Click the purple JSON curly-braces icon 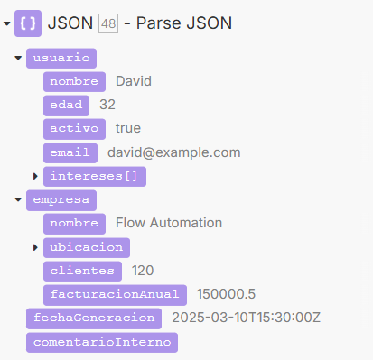28,23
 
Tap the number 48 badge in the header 108,23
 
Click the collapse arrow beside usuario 18,58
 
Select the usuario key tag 61,59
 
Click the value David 134,81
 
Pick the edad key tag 66,106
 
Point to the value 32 107,105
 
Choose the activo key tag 74,129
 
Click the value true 128,128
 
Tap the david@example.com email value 174,152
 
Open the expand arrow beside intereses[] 35,176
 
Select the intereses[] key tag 95,177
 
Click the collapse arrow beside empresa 18,199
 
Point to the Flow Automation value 169,223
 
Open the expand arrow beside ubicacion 35,247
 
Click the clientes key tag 82,272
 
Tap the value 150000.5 226,294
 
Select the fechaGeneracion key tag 94,318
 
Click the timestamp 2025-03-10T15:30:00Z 247,318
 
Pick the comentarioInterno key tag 102,342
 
